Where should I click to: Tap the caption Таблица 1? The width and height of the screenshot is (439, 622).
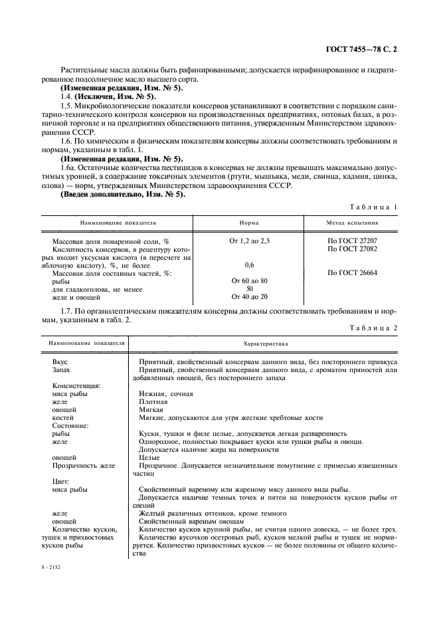[x=374, y=207]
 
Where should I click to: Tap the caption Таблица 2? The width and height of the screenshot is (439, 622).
[x=374, y=328]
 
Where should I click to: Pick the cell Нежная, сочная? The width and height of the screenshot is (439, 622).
[x=166, y=393]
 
